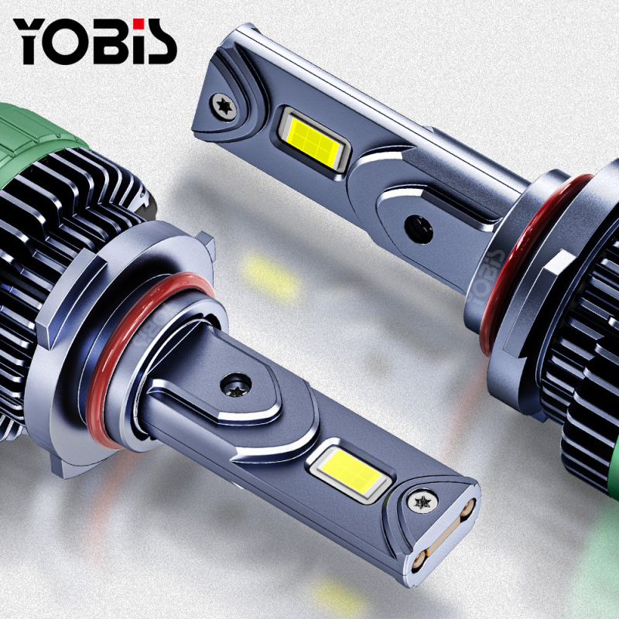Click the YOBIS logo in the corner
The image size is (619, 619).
tap(94, 41)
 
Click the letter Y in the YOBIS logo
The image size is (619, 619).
tap(31, 42)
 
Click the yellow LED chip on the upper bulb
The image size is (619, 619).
tap(313, 139)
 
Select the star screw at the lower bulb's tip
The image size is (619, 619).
tap(422, 502)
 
